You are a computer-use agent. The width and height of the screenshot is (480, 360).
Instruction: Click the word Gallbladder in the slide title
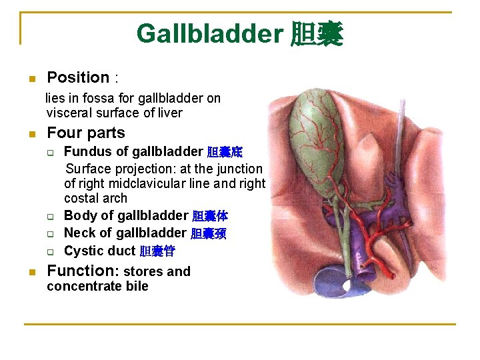click(x=210, y=33)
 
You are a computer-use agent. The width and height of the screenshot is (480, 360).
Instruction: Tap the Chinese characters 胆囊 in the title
click(x=317, y=33)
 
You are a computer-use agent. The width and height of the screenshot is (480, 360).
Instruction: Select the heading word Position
click(x=78, y=78)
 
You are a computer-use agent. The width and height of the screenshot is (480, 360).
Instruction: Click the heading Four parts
click(x=86, y=133)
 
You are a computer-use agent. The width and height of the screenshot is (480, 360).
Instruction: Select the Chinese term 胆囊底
click(x=225, y=152)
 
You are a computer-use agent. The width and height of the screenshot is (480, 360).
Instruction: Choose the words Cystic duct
click(x=99, y=251)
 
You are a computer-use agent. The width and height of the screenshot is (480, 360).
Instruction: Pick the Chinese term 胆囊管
click(x=157, y=251)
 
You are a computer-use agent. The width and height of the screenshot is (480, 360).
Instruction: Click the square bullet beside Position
click(x=30, y=79)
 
